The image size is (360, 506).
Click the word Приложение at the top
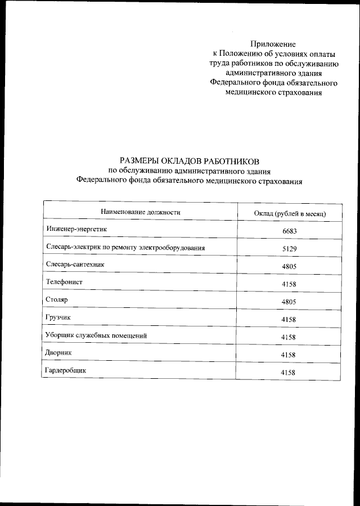click(x=273, y=43)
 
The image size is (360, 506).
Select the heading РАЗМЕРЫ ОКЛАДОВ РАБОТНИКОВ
click(x=190, y=161)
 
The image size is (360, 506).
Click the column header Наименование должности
click(x=140, y=212)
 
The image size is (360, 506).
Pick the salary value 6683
click(x=289, y=231)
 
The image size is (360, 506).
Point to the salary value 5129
click(x=289, y=249)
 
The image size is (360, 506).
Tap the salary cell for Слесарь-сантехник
click(x=289, y=267)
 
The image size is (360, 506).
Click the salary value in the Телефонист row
click(x=289, y=284)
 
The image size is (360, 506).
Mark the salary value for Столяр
click(x=289, y=302)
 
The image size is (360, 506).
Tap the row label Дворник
click(x=59, y=352)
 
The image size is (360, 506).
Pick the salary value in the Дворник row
click(x=289, y=355)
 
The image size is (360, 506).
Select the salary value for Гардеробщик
click(x=289, y=373)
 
